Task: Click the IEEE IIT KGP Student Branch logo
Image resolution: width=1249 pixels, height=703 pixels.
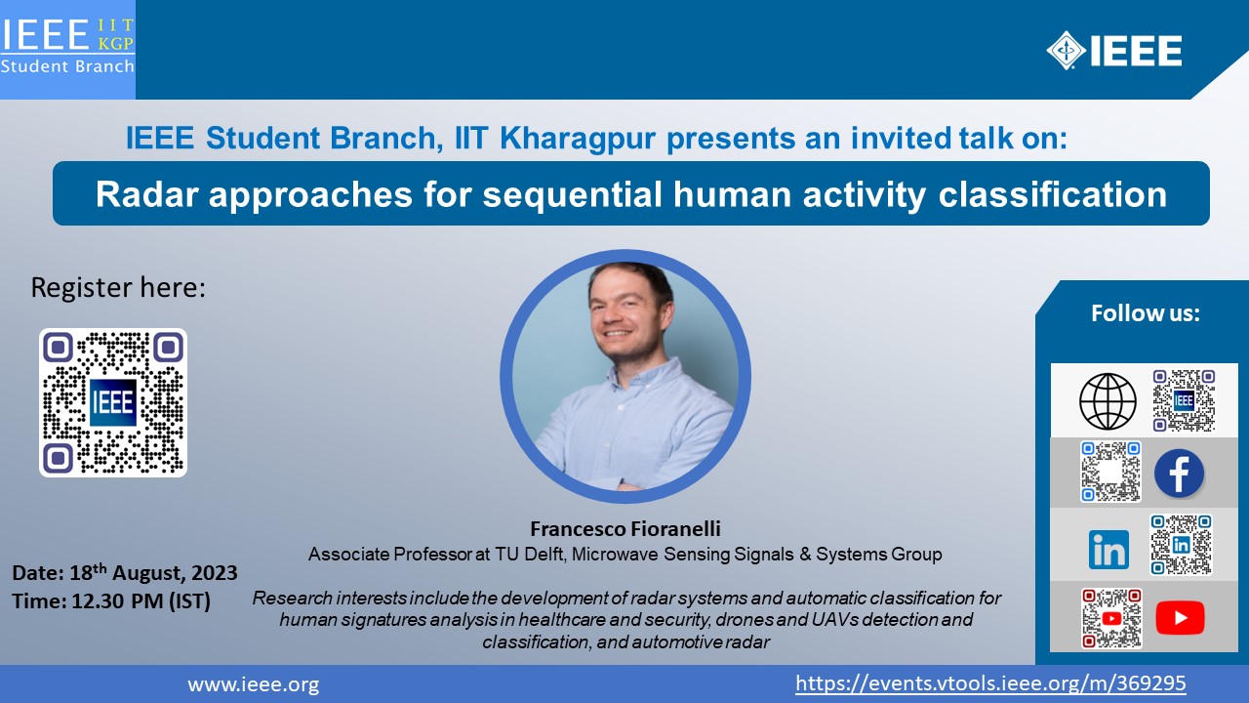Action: point(67,47)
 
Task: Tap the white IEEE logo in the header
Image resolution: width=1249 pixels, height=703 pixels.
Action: point(1114,51)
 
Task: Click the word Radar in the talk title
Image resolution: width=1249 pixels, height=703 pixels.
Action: point(147,194)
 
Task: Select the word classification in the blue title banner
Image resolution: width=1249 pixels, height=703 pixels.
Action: point(1053,194)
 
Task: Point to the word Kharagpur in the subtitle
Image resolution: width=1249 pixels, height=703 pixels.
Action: point(578,138)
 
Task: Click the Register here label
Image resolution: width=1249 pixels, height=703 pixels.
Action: point(118,287)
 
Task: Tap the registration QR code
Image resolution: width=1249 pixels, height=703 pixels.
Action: point(112,402)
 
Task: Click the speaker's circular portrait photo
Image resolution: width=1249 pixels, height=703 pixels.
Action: point(625,376)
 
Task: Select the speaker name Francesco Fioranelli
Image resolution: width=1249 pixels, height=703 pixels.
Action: point(625,528)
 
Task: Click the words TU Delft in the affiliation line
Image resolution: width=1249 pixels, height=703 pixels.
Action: point(529,554)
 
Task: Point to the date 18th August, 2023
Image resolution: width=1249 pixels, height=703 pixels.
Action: point(153,572)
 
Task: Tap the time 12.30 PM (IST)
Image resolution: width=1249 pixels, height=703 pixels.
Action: point(141,600)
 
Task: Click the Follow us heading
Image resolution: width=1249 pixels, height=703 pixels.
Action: point(1146,313)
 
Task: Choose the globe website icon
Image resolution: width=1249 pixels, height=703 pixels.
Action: point(1108,401)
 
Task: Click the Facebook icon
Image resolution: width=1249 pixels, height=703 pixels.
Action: point(1179,474)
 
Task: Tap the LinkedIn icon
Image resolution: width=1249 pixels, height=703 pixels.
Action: point(1108,550)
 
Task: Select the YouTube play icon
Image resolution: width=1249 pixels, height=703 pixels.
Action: point(1180,618)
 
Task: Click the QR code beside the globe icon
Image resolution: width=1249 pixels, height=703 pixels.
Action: point(1184,400)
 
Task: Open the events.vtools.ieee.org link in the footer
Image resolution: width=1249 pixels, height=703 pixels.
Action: point(990,683)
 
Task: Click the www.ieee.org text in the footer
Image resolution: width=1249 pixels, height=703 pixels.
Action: point(254,684)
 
